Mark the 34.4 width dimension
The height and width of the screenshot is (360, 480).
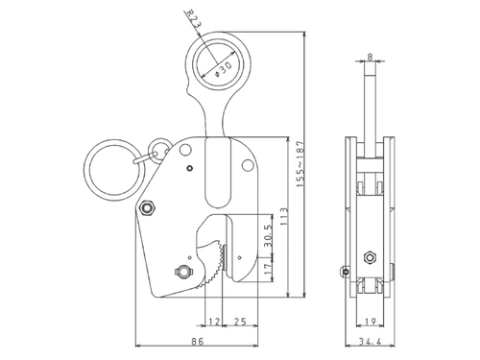(371, 340)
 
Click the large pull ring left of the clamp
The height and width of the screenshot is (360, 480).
(113, 172)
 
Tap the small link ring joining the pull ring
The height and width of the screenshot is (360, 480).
(153, 153)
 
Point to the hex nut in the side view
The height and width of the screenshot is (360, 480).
(370, 256)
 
